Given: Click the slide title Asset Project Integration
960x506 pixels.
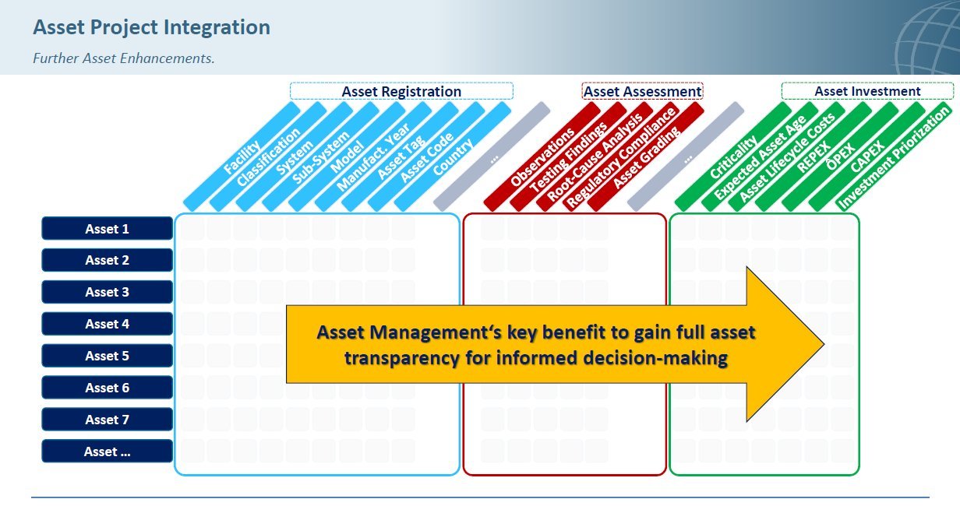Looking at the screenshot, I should point(151,27).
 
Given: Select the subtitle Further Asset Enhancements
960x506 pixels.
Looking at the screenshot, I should point(123,58).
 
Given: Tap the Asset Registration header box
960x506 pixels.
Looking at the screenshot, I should point(401,91).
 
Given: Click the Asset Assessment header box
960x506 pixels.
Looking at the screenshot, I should point(642,91).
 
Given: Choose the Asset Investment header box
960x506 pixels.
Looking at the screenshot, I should point(867,91).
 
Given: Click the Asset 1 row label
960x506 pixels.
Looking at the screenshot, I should point(108,229).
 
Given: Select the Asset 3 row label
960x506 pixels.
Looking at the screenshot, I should point(108,292).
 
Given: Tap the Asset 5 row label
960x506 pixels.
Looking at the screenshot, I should point(108,356).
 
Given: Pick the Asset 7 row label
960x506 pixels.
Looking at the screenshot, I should point(108,420).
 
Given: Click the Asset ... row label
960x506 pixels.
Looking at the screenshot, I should point(108,452).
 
